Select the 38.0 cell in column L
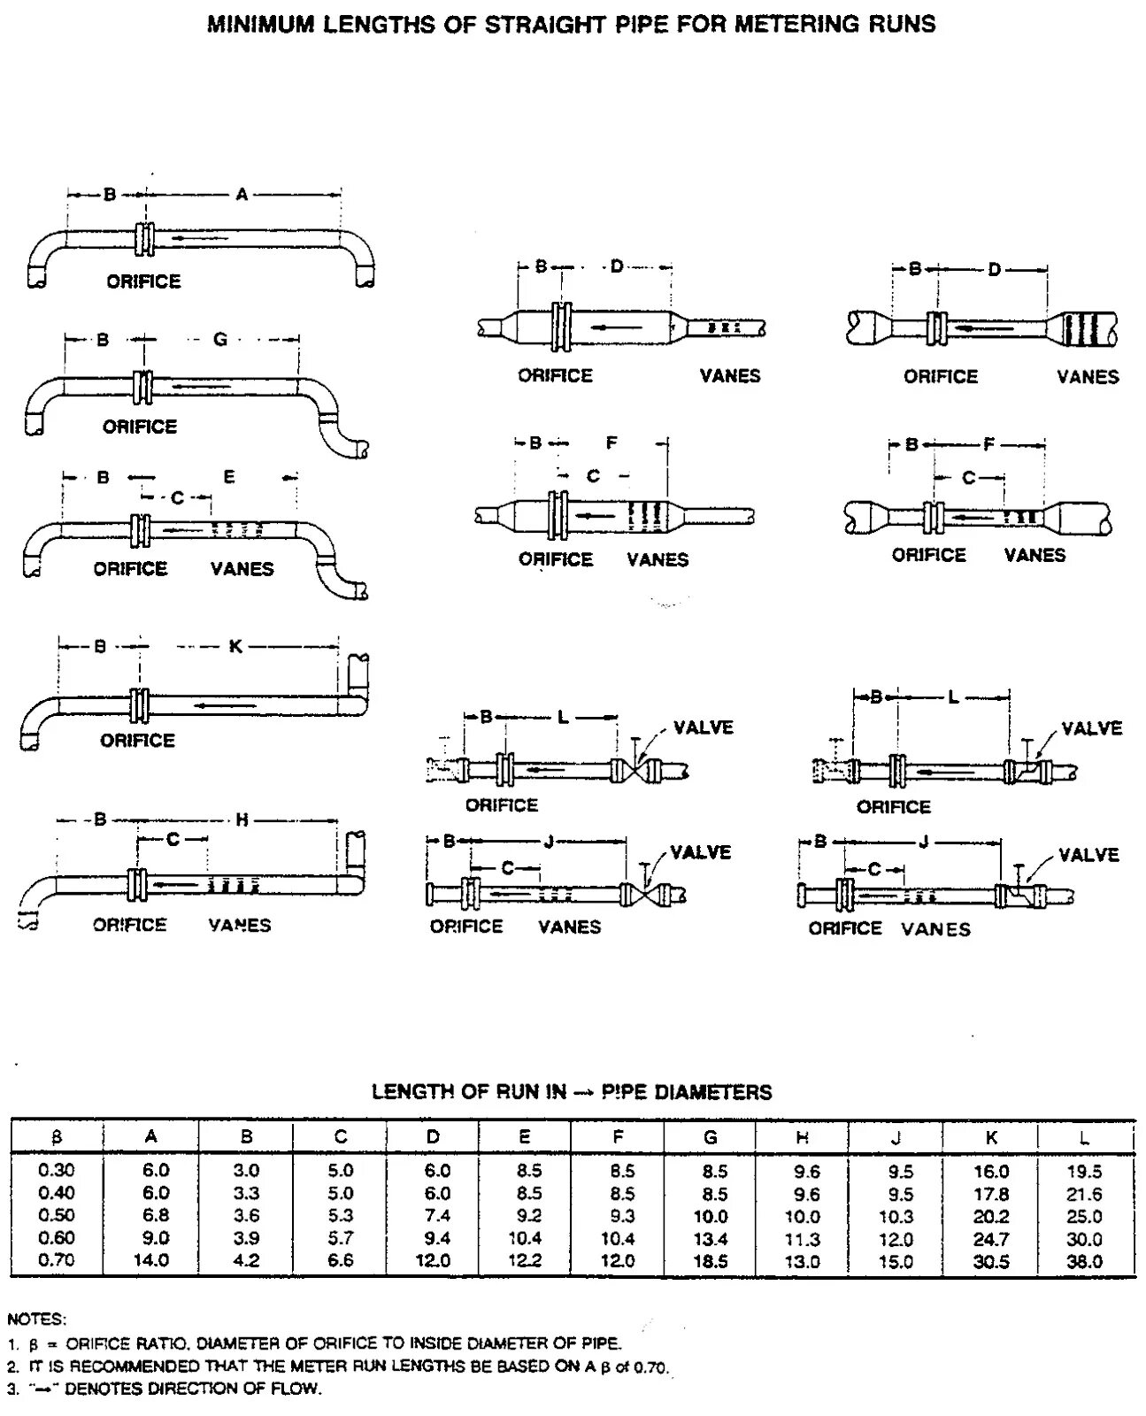tap(1084, 1262)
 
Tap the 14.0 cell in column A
tap(151, 1260)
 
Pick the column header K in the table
tap(991, 1138)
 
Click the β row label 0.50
tap(57, 1215)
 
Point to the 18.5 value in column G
tap(711, 1262)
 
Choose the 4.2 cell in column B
tap(246, 1260)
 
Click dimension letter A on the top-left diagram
tap(242, 195)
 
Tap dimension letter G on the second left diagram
tap(220, 339)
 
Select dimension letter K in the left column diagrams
tap(235, 647)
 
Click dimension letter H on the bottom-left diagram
tap(242, 821)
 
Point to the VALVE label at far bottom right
tap(1088, 855)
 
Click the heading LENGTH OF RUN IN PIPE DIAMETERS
tap(572, 1092)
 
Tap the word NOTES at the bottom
tap(36, 1320)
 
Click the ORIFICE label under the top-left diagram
tap(143, 281)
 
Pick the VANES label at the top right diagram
tap(1088, 377)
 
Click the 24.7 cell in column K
tap(991, 1239)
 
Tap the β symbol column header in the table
tap(57, 1138)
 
